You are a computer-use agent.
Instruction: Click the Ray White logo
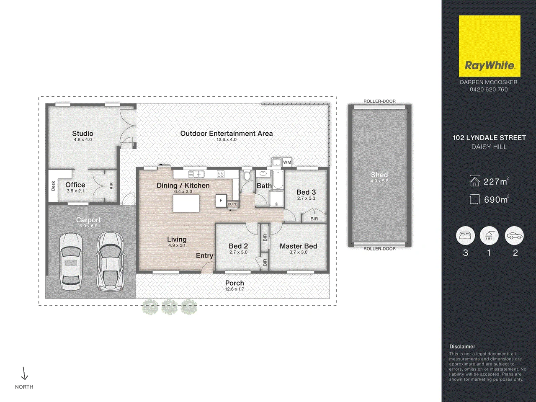[x=490, y=46]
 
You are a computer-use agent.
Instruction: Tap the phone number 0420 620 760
[x=489, y=90]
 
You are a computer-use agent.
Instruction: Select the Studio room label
[x=82, y=134]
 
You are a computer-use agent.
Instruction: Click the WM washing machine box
[x=287, y=162]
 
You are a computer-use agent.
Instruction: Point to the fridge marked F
[x=221, y=201]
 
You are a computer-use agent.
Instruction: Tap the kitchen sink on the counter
[x=196, y=174]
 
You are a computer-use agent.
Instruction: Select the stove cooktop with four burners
[x=221, y=174]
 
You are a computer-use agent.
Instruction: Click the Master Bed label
[x=299, y=246]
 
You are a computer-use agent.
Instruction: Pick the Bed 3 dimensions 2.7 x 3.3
[x=306, y=198]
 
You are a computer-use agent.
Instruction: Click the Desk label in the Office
[x=53, y=186]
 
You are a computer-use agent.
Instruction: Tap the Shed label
[x=379, y=175]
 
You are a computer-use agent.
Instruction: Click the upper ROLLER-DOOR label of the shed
[x=379, y=101]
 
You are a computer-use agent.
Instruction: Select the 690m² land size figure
[x=497, y=200]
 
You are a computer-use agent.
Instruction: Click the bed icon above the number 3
[x=465, y=235]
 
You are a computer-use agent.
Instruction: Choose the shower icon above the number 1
[x=489, y=235]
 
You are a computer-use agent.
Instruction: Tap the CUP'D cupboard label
[x=232, y=204]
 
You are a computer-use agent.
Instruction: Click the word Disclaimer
[x=462, y=347]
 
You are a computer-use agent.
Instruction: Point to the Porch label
[x=234, y=283]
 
